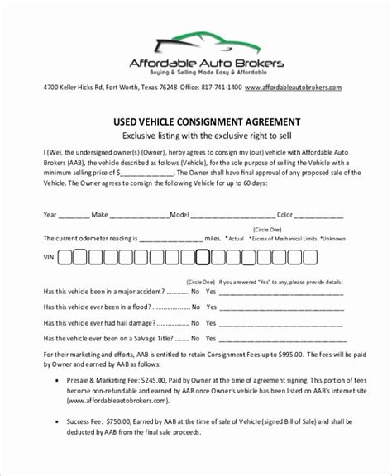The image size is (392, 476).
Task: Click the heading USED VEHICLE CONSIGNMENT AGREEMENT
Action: tap(195, 121)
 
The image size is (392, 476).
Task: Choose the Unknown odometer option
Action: tap(334, 238)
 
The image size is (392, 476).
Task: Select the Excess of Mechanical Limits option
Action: tap(282, 238)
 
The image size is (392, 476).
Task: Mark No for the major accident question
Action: tap(196, 292)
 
